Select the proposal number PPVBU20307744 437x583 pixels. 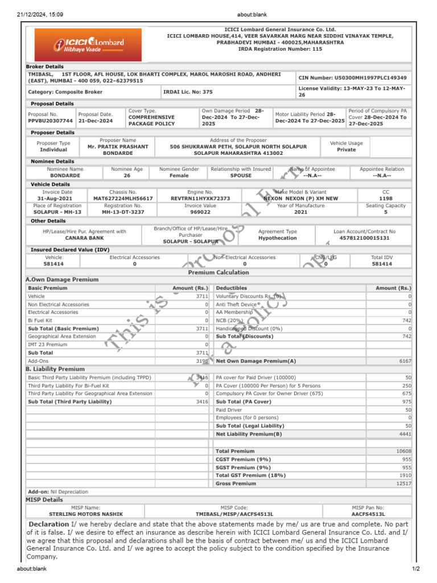pos(51,121)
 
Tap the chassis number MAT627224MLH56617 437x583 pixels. pos(123,199)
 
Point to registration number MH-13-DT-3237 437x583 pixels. pos(122,212)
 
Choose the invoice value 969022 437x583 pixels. pos(200,212)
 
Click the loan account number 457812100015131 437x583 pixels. pos(364,238)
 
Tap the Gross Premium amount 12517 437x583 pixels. pos(403,483)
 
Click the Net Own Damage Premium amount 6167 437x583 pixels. pos(405,361)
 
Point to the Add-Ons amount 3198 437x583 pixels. pos(202,361)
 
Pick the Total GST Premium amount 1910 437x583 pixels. pos(405,475)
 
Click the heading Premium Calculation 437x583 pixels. pos(218,272)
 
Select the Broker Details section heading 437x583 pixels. pos(45,67)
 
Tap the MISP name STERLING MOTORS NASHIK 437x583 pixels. pos(85,514)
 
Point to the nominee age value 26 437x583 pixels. pos(127,176)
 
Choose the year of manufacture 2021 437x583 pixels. pos(300,212)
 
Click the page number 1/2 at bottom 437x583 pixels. pos(415,569)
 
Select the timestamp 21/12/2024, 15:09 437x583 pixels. pos(40,14)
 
